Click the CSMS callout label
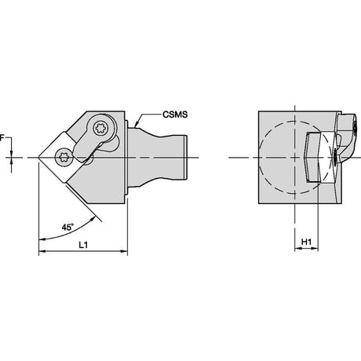pos(175,115)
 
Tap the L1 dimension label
pos(83,245)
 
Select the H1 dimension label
pos(306,242)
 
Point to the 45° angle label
pos(67,227)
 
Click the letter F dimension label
pos(2,138)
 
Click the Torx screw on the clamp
pos(101,128)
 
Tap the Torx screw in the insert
pos(63,158)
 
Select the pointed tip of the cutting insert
pos(38,158)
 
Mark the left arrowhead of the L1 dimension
pos(42,251)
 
